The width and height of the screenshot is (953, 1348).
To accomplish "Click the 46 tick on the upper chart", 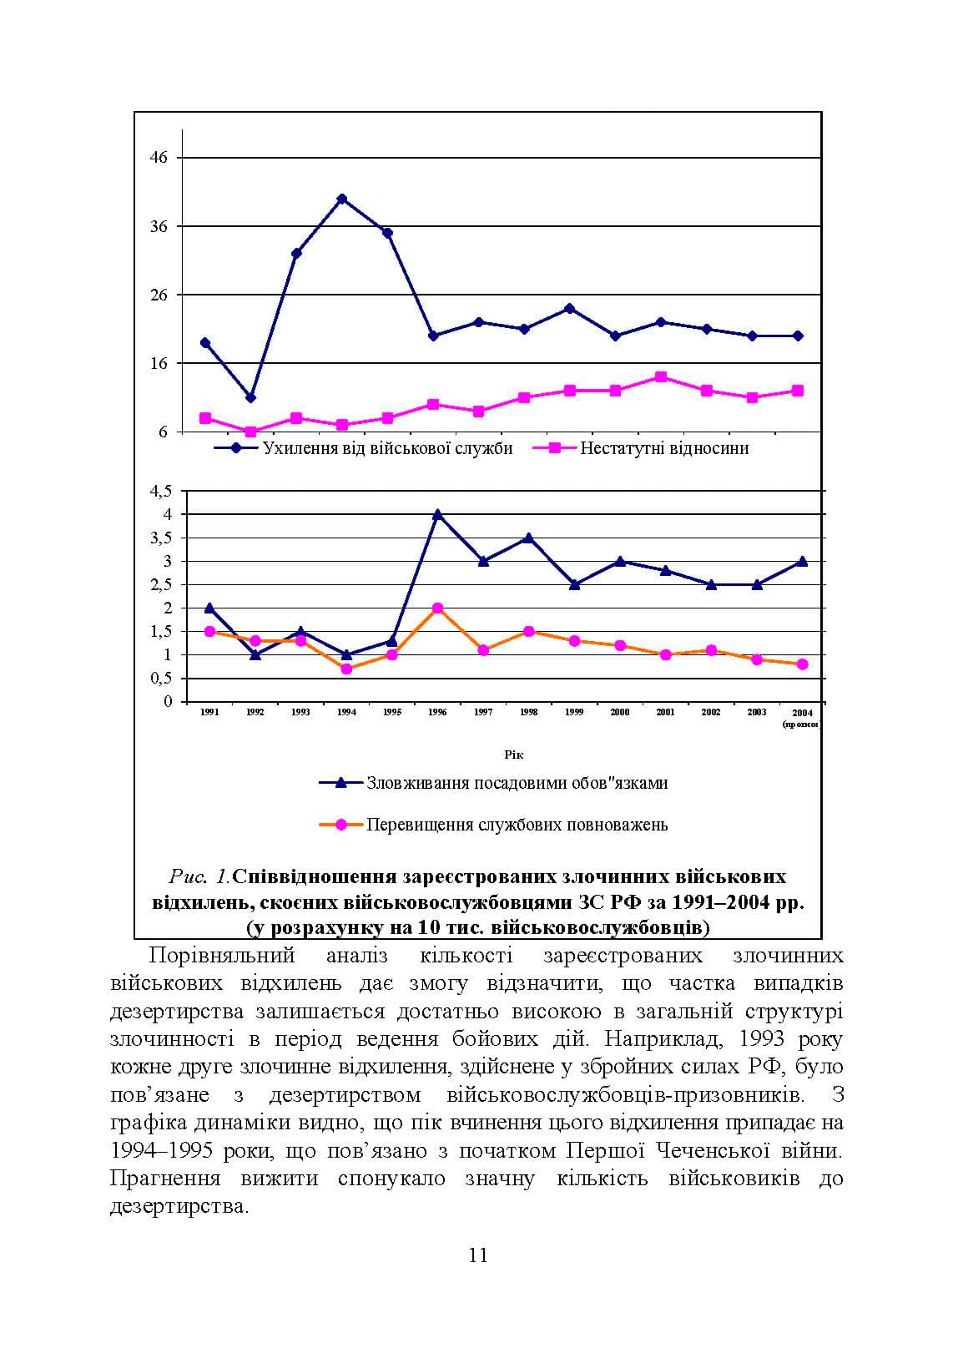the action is point(159,158).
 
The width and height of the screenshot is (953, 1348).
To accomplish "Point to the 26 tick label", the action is point(159,295).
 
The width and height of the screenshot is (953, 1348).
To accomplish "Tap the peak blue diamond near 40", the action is point(342,199).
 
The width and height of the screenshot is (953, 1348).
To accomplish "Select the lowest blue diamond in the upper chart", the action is point(251,398).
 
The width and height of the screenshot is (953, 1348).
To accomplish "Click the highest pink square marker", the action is point(661,377).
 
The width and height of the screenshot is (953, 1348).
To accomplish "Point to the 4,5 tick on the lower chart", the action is point(161,491).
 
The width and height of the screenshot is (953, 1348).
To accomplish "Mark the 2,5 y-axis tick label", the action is point(161,585).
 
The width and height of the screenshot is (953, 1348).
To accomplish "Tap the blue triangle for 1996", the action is point(437,514).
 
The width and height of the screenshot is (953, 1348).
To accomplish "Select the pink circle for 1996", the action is point(437,608).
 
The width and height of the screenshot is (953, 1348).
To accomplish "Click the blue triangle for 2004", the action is point(802,562).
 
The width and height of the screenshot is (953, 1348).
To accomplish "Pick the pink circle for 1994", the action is point(346,669).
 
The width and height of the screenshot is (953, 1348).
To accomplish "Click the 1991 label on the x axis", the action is point(209,712).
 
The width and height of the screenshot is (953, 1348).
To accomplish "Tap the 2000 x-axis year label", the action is point(620,712).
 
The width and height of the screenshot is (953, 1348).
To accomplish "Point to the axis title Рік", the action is point(514,755).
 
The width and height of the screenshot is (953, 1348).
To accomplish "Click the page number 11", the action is point(478,1255).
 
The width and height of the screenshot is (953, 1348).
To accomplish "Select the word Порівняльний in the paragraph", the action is point(221,956).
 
